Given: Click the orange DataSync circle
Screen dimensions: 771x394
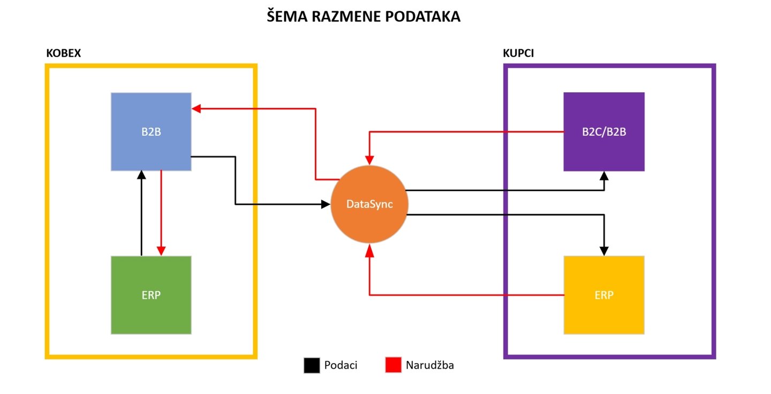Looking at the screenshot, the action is [369, 204].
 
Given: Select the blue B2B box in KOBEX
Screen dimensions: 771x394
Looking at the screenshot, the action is [151, 132].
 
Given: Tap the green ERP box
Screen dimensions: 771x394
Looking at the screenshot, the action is [151, 295].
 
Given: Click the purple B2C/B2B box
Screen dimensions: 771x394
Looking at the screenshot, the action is [604, 132].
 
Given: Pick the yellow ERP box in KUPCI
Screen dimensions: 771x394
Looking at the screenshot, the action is [604, 295].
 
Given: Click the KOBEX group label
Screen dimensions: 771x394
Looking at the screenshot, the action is [64, 54].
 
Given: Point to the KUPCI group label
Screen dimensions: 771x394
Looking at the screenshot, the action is [518, 54].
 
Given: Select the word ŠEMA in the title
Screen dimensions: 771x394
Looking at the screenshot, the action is [284, 17].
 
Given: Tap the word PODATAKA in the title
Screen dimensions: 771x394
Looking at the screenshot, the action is [422, 17].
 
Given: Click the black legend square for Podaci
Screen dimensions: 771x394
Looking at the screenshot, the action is [311, 366].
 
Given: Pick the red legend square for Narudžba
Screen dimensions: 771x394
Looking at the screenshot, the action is [393, 366].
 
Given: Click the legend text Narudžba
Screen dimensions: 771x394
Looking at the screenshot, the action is [430, 366].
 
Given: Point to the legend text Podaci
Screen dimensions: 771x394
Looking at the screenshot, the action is [341, 366].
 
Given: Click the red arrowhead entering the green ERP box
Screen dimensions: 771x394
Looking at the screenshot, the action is [161, 251].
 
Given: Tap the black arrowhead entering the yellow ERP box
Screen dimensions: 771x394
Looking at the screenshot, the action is [604, 251].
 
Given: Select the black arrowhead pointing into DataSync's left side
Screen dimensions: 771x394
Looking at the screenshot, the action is [326, 204].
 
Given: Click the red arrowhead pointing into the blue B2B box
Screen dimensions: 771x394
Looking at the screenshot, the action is [196, 109].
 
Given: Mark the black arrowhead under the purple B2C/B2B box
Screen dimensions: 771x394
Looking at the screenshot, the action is [604, 175].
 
